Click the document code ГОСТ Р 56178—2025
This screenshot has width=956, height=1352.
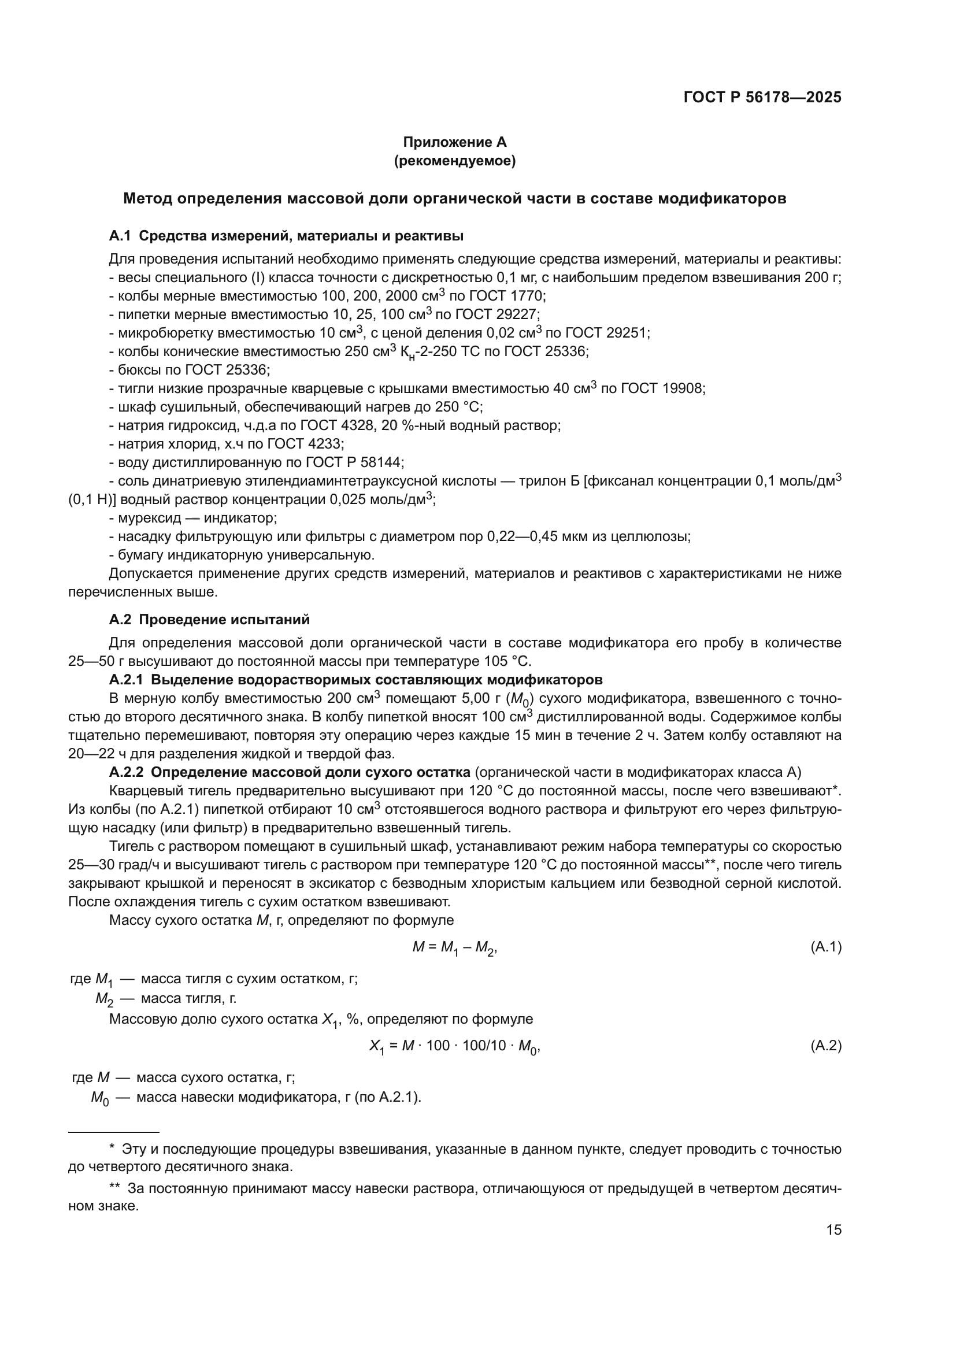tap(762, 98)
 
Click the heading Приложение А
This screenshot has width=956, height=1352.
tap(454, 142)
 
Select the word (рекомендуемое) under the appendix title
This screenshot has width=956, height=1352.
tap(454, 161)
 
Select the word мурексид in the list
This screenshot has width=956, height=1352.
tap(144, 518)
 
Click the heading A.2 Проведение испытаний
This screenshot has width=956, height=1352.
tap(210, 620)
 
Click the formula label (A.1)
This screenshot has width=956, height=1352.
tap(826, 947)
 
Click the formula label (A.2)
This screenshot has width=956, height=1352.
tap(826, 1046)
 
